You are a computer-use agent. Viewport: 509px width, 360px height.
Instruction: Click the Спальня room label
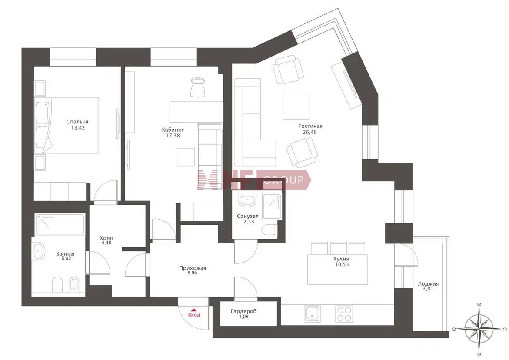click(x=77, y=122)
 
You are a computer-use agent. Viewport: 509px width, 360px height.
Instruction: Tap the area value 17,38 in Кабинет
click(x=173, y=136)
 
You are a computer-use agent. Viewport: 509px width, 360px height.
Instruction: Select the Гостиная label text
click(x=311, y=126)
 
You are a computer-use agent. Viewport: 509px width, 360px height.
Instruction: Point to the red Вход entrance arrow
click(x=194, y=310)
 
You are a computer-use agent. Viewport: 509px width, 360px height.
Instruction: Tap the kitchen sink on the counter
click(x=312, y=313)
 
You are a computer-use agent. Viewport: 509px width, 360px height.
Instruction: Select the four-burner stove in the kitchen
click(x=344, y=313)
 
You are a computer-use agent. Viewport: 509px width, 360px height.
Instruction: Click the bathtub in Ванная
click(x=60, y=223)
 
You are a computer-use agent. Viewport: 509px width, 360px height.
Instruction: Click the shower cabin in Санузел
click(x=272, y=207)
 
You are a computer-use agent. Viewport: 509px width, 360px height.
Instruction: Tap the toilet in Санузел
click(x=269, y=230)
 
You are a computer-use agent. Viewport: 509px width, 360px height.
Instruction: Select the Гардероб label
click(x=243, y=311)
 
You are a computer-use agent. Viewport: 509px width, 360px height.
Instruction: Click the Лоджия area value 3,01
click(x=428, y=289)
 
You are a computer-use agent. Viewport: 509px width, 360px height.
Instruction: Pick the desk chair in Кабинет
click(x=197, y=87)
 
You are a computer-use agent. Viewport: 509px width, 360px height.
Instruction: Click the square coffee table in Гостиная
click(x=296, y=106)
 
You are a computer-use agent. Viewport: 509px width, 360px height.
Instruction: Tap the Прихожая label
click(x=193, y=268)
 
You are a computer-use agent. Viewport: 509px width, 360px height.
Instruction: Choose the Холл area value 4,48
click(x=106, y=243)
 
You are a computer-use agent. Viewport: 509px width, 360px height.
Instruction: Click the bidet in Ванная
click(x=74, y=284)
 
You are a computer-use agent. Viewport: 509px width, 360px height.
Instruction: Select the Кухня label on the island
click(x=341, y=259)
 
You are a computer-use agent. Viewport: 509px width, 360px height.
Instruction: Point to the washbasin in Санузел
click(x=247, y=200)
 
